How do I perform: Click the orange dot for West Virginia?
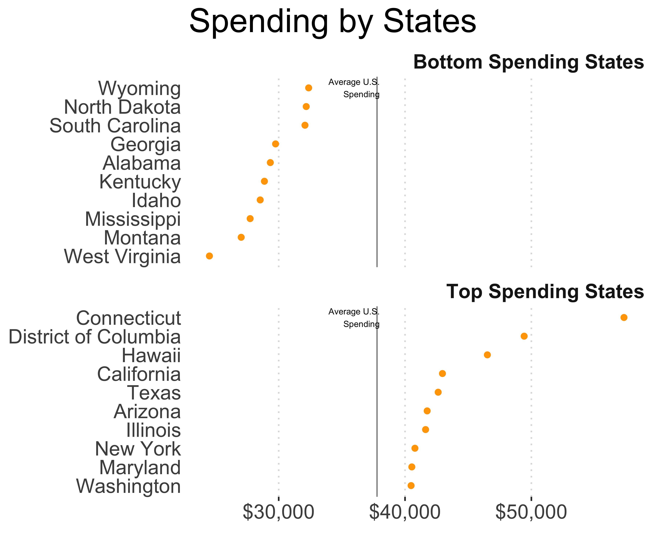tap(209, 256)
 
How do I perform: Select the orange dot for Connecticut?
tap(624, 317)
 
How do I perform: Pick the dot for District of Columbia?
tap(524, 336)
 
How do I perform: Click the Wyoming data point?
tap(309, 88)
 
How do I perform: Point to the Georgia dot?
tap(276, 144)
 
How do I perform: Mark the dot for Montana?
tap(241, 237)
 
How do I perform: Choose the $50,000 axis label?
tap(531, 512)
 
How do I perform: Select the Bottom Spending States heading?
tap(528, 62)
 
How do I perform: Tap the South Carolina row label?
tap(115, 126)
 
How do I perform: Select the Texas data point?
tap(438, 392)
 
